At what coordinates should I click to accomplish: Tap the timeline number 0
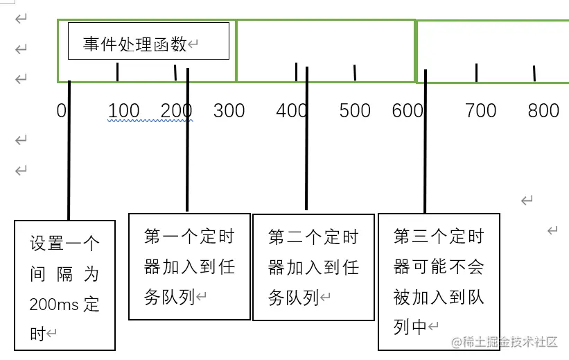coord(62,111)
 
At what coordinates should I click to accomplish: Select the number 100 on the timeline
coord(124,111)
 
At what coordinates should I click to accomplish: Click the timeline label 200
coord(176,111)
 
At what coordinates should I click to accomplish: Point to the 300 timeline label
coord(229,111)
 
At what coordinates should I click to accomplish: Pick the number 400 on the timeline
coord(292,111)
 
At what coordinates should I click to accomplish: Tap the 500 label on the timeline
coord(355,111)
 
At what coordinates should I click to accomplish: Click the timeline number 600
coord(407,111)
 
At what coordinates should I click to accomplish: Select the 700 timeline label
coord(480,111)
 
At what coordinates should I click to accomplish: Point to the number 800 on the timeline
coord(543,111)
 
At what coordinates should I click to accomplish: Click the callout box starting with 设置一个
coord(64,284)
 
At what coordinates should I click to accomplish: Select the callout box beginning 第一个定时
coord(189,266)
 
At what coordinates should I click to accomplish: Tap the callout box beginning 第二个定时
coord(313,267)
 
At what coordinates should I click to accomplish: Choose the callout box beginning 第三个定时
coord(438,281)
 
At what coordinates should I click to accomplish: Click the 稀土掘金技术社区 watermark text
coord(510,341)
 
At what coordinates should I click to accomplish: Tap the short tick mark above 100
coord(118,71)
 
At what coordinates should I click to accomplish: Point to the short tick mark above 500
coord(355,72)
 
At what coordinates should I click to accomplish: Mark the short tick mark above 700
coord(476,72)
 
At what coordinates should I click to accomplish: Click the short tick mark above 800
coord(534,73)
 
